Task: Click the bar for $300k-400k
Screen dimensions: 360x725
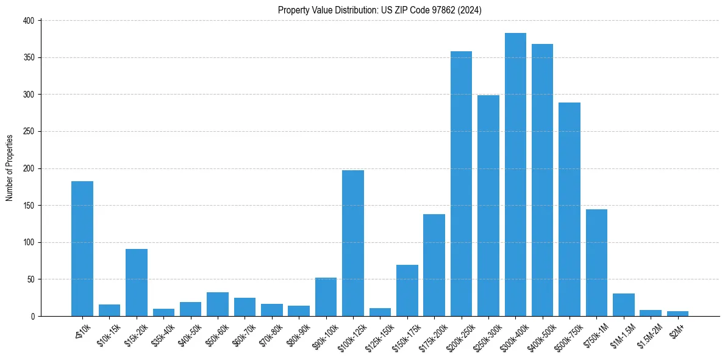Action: (515, 175)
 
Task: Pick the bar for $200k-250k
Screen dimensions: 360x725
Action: (461, 184)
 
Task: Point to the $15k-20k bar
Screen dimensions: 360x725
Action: (137, 283)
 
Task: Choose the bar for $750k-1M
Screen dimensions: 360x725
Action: (596, 262)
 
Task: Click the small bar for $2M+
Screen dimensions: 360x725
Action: (677, 314)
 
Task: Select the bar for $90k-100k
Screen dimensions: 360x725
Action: (326, 297)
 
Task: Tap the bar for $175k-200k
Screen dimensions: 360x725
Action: (434, 265)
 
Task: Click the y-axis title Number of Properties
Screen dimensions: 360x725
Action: (9, 168)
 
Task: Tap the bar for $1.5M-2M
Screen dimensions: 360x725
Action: (651, 313)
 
